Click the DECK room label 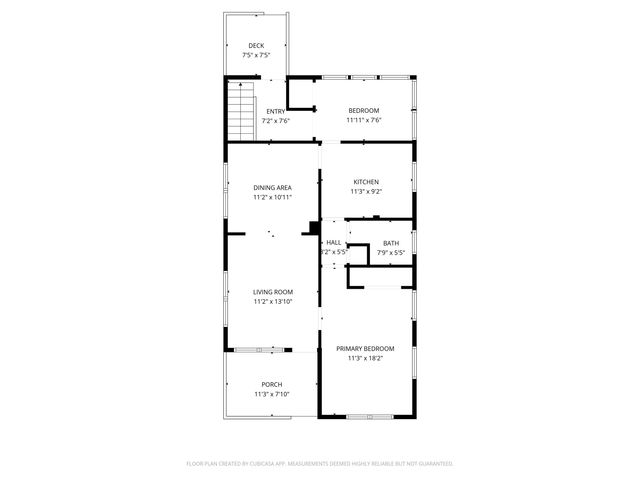[x=256, y=45]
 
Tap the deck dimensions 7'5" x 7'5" [x=256, y=55]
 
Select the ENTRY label [x=275, y=110]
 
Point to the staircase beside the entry [x=240, y=112]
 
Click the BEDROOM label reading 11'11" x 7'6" [x=363, y=110]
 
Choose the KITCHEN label [x=364, y=181]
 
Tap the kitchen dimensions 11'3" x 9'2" [x=364, y=191]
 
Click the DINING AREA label [x=272, y=187]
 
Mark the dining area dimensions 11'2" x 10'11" [x=272, y=197]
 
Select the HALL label [x=334, y=242]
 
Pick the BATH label [x=391, y=243]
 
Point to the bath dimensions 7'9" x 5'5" [x=391, y=253]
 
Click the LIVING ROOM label [x=272, y=291]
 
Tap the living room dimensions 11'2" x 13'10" [x=272, y=301]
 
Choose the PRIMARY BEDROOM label [x=365, y=348]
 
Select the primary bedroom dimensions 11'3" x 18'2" [x=365, y=358]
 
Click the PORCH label [x=272, y=384]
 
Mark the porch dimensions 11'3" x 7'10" [x=272, y=394]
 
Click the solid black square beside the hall [x=316, y=227]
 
